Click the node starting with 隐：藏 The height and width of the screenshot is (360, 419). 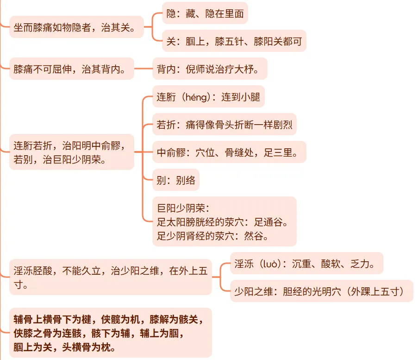tap(205, 13)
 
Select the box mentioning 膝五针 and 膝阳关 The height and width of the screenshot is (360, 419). tap(234, 41)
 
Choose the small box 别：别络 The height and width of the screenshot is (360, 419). tap(176, 180)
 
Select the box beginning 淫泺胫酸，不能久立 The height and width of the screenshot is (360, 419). tap(110, 278)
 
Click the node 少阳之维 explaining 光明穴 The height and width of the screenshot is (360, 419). tap(321, 291)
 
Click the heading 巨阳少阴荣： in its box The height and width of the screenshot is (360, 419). tap(184, 208)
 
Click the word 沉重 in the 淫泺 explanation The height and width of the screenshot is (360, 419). tap(302, 264)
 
